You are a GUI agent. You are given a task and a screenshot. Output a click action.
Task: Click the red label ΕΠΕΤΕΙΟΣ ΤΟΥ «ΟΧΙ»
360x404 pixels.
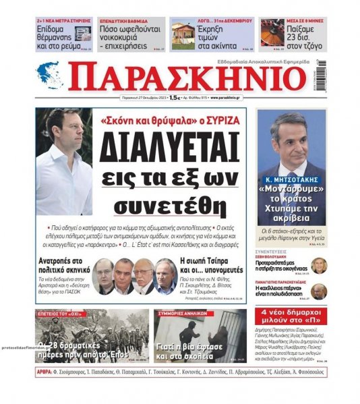pos(60,314)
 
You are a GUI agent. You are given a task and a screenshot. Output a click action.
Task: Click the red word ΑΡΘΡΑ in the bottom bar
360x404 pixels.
pos(47,373)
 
